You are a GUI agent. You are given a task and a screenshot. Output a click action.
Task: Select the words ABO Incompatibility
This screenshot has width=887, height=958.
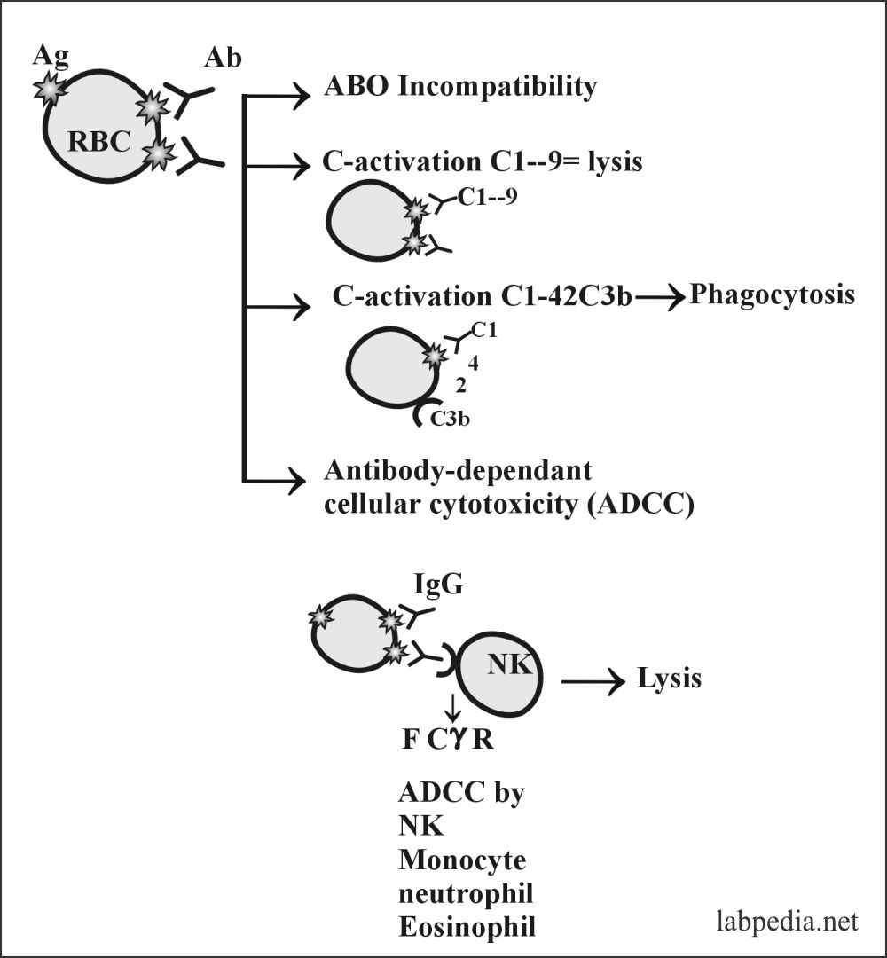point(460,87)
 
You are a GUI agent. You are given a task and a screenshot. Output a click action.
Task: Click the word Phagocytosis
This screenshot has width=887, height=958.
point(772,294)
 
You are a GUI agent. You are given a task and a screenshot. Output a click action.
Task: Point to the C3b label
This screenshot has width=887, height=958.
point(450,418)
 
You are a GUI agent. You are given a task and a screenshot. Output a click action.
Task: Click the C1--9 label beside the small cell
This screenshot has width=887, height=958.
point(487,199)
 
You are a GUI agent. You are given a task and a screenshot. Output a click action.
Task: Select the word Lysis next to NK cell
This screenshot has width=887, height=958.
point(670,679)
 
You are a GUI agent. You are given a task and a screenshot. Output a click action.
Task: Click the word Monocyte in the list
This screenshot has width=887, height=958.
point(462,859)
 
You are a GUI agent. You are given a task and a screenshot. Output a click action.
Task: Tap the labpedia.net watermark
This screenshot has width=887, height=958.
point(787,922)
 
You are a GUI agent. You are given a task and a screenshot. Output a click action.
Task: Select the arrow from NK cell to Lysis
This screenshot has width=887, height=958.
point(593,681)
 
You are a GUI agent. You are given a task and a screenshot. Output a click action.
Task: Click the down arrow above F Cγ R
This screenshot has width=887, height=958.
point(453,706)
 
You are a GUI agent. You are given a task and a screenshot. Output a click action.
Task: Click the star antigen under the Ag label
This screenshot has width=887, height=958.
point(50,89)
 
